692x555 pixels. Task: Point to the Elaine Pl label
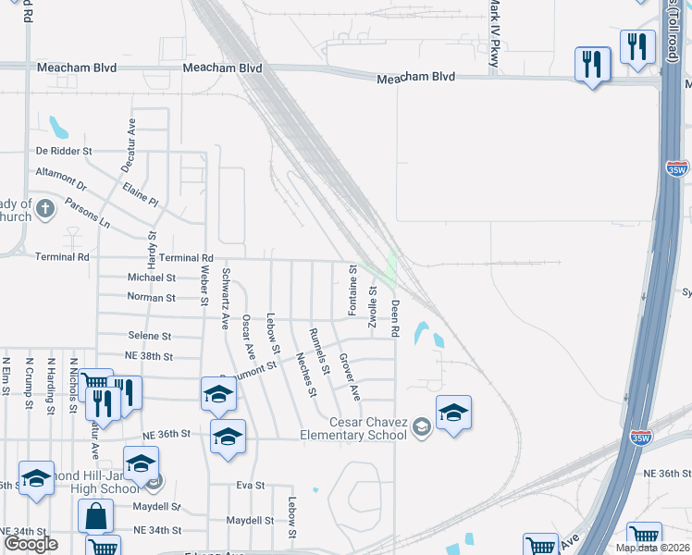141,193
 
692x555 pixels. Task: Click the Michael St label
151,277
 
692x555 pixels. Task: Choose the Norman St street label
151,298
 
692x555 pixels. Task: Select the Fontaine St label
352,290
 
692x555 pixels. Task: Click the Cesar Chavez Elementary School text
353,428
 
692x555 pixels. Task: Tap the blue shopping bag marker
96,516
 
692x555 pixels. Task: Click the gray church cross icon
46,210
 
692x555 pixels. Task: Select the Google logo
31,544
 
